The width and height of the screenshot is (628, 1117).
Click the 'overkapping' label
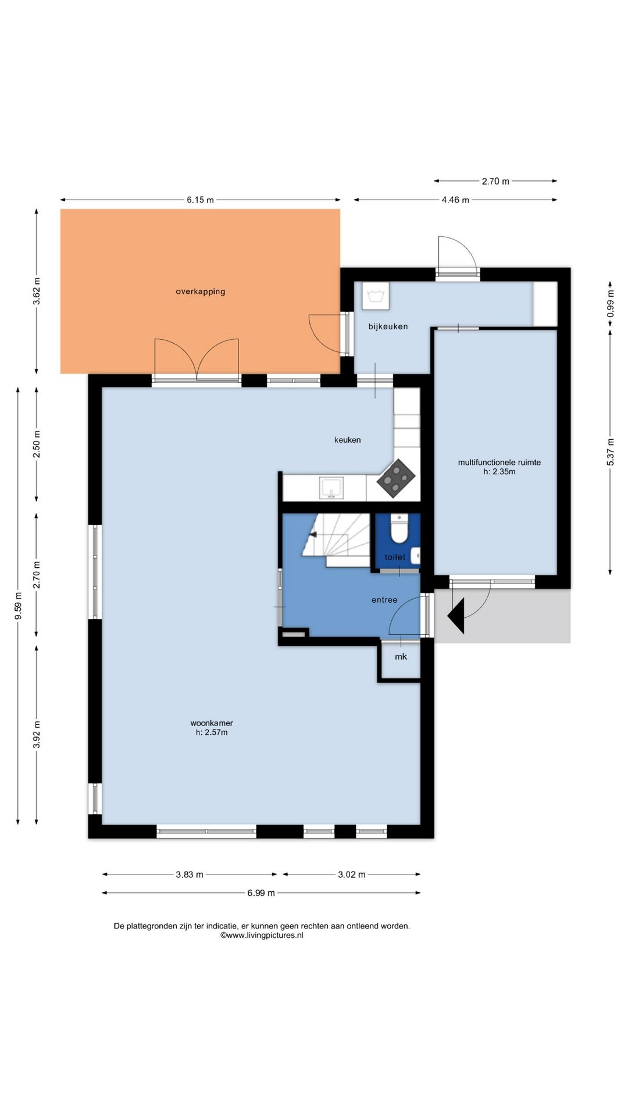[x=201, y=291]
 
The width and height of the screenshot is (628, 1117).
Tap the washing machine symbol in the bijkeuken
[x=376, y=296]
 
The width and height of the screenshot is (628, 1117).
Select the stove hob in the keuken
[x=396, y=479]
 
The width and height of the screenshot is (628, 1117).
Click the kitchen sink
[x=331, y=488]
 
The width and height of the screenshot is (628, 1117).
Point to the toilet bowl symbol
[x=399, y=528]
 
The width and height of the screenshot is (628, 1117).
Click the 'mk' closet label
[x=401, y=657]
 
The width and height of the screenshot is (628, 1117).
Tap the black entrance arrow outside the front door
[x=456, y=616]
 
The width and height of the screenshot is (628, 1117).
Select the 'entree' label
[x=384, y=600]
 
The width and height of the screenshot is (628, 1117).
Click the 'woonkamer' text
[x=212, y=723]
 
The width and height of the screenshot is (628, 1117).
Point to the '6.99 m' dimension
[x=261, y=893]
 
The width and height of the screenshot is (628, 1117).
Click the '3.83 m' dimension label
[x=190, y=874]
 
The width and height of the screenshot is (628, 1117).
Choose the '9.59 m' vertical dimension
[x=18, y=606]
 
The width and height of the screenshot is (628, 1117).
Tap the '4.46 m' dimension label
[x=455, y=200]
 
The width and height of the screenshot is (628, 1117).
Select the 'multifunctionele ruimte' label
[x=499, y=463]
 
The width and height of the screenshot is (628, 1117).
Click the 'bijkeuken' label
[x=388, y=326]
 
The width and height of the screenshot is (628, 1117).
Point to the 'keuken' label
[x=348, y=440]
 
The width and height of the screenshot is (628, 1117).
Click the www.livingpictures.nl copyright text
[x=262, y=935]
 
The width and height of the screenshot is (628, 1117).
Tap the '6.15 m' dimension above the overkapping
[x=200, y=200]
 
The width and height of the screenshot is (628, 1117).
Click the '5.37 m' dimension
[x=611, y=452]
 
